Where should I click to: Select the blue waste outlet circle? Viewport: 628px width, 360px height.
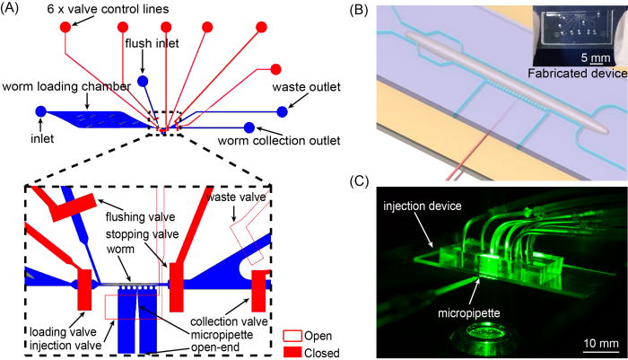pos(282,111)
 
